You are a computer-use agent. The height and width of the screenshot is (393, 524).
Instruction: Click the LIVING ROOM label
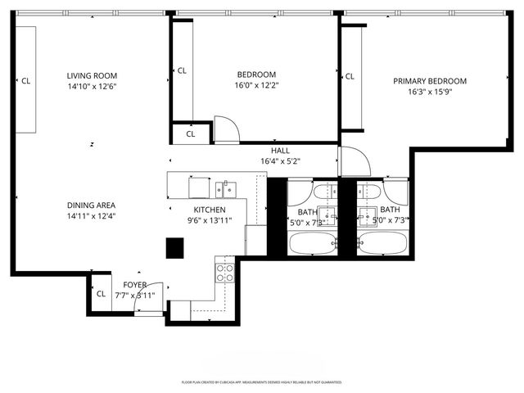click(92, 76)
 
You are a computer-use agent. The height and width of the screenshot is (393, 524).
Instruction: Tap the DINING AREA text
click(92, 206)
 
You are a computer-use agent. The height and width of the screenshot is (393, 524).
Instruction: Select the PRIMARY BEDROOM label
click(430, 81)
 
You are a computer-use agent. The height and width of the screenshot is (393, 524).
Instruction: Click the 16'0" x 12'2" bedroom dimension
click(256, 85)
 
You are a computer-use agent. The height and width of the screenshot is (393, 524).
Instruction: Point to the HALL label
click(281, 151)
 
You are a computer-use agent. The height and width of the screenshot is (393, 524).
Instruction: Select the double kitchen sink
click(225, 190)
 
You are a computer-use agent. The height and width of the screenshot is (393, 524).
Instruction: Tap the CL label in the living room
click(25, 80)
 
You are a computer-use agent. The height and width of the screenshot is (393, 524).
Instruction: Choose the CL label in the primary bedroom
click(350, 76)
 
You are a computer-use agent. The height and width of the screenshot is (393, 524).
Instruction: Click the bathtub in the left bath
click(312, 243)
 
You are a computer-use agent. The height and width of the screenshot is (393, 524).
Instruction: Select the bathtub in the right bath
click(383, 243)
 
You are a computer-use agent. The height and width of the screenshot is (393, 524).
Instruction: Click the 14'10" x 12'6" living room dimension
click(92, 87)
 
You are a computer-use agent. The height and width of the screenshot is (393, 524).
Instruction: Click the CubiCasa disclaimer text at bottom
click(261, 382)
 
